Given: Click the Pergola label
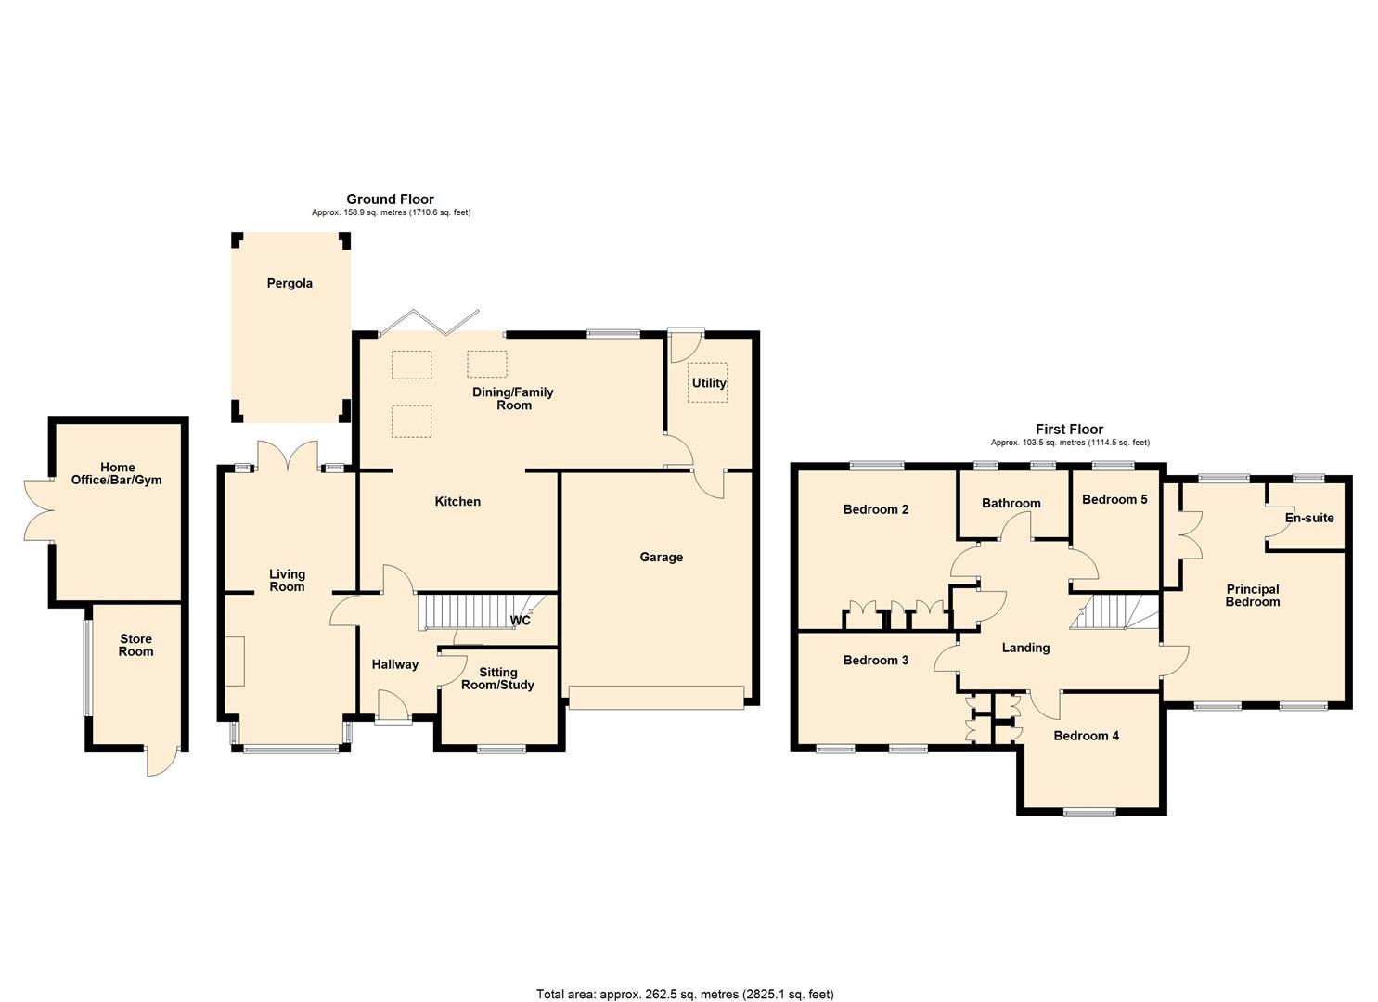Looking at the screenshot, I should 290,283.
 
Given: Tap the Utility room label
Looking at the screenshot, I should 708,382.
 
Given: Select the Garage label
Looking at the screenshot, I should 661,557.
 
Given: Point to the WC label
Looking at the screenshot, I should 520,620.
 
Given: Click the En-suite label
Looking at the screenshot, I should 1309,518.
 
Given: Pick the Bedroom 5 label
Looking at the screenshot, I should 1114,499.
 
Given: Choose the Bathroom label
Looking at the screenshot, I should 1011,503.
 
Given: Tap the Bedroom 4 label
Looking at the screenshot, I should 1086,736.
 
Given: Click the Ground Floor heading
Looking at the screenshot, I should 390,199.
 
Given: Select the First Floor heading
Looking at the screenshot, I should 1069,429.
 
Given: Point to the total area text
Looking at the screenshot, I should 685,994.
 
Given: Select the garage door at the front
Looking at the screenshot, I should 656,698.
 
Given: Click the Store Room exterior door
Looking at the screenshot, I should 159,762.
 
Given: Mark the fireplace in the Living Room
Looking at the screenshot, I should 235,661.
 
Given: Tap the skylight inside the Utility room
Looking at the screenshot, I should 707,382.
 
